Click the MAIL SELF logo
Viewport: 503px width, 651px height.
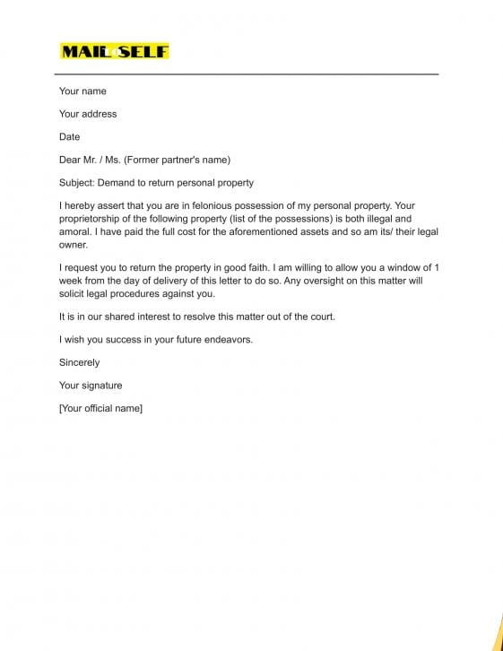pyautogui.click(x=114, y=51)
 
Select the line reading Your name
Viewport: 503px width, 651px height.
pyautogui.click(x=82, y=91)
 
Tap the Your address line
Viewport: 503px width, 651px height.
pyautogui.click(x=88, y=114)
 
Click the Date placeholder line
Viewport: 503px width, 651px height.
pyautogui.click(x=69, y=137)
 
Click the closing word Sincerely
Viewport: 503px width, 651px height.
pyautogui.click(x=79, y=363)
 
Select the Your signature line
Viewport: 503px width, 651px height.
pyautogui.click(x=91, y=386)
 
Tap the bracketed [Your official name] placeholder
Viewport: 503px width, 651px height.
pyautogui.click(x=100, y=409)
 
